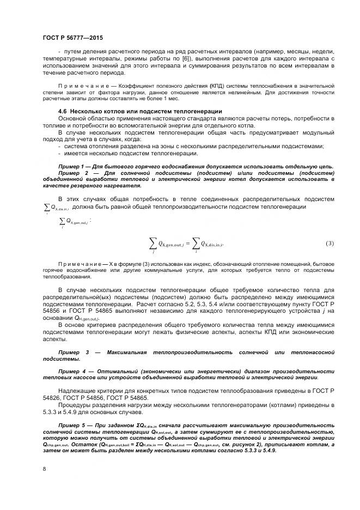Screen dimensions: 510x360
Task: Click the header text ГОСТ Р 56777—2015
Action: [x=72, y=38]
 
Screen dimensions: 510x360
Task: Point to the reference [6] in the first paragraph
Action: [x=156, y=58]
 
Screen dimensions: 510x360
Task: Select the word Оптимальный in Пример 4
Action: [x=117, y=371]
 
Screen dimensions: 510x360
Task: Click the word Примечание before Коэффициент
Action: [x=81, y=86]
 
